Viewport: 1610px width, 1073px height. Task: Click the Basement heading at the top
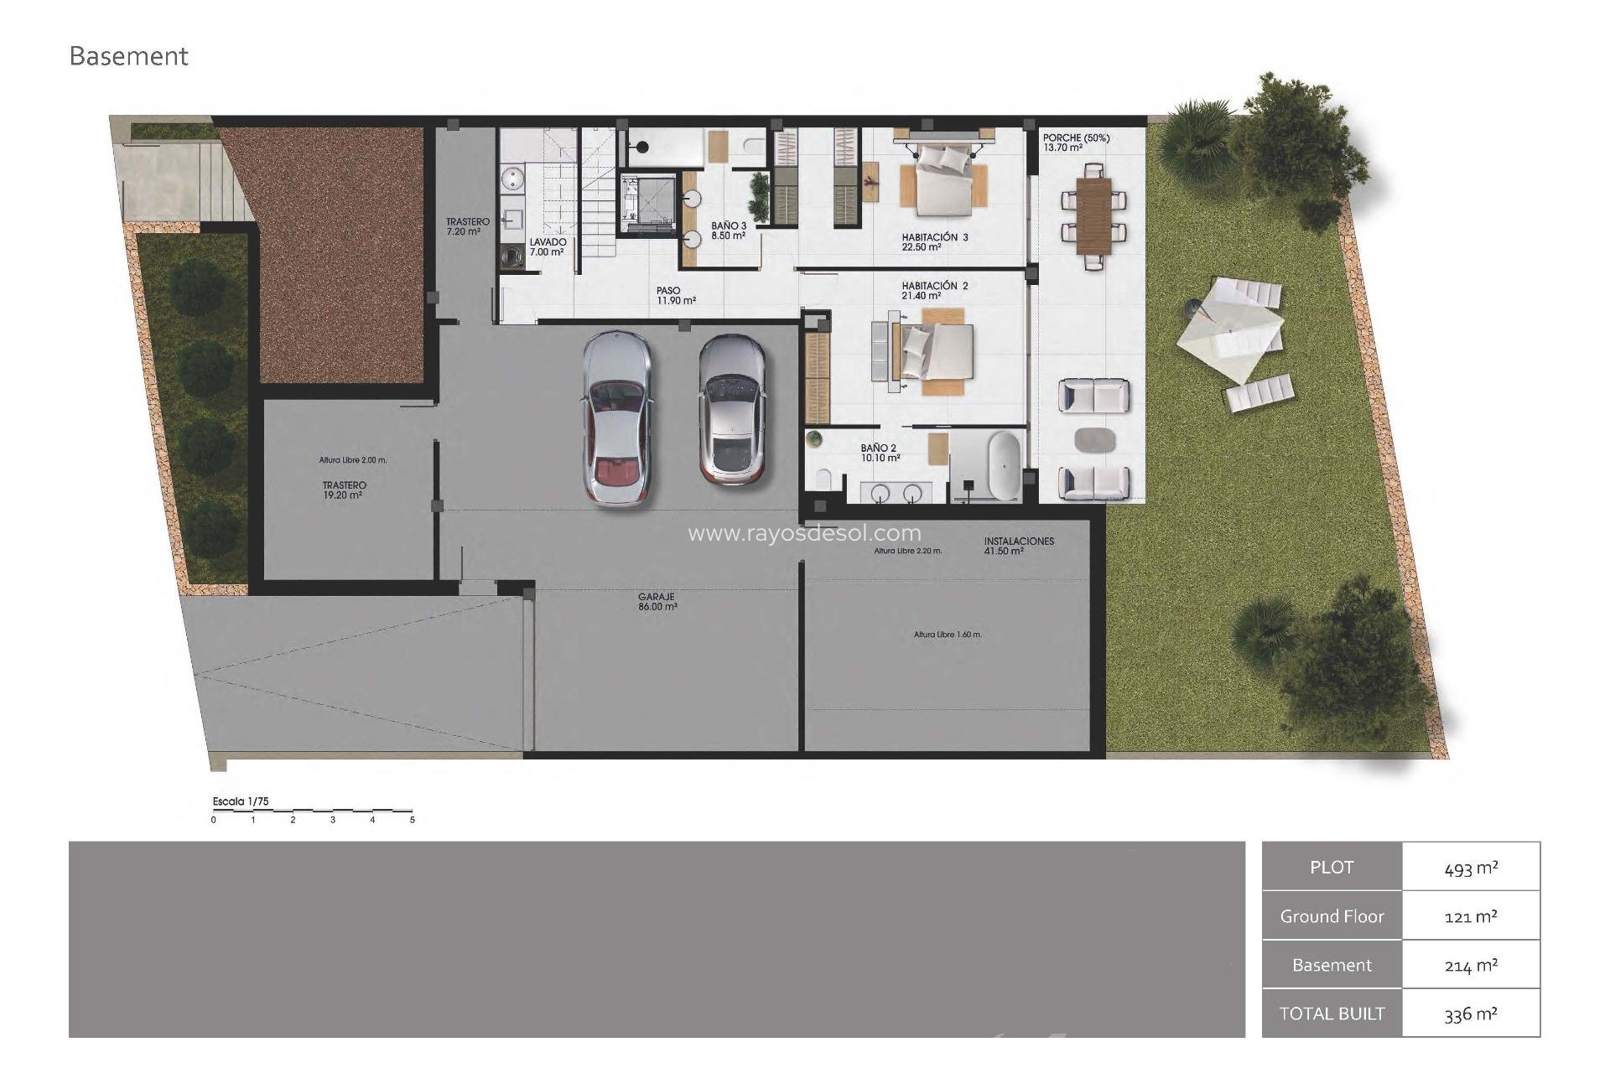point(128,56)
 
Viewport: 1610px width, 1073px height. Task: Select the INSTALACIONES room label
point(1019,542)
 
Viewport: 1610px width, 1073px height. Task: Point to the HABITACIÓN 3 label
point(934,238)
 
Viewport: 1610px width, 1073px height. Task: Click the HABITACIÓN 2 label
point(934,287)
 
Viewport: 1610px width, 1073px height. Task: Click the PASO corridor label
point(669,291)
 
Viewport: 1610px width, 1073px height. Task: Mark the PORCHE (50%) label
point(1076,138)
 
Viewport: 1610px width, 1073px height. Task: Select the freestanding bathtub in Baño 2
point(1003,466)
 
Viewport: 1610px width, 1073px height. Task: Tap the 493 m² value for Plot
point(1471,868)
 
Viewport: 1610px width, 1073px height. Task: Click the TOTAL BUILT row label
point(1332,1013)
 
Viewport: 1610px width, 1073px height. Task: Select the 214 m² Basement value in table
point(1471,966)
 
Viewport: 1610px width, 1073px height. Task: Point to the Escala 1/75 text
point(241,801)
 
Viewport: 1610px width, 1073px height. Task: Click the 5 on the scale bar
point(413,820)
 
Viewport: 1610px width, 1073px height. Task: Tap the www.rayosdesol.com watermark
point(804,533)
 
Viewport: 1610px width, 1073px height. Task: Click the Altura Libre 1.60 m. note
point(948,635)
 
